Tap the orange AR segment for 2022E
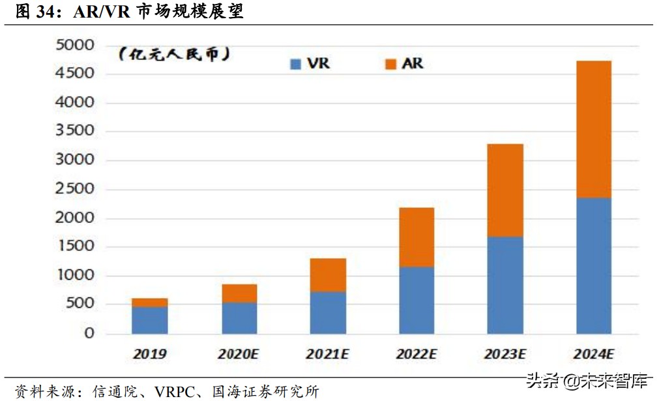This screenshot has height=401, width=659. point(417,237)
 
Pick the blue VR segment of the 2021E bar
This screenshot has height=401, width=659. point(328,312)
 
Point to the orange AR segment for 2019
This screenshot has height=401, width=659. point(150,303)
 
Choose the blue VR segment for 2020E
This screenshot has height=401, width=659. point(239,318)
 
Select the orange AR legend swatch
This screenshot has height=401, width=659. point(391,64)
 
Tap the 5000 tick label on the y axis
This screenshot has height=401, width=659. point(76,45)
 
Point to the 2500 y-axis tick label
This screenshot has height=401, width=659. point(76,189)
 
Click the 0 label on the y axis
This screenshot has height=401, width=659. point(90,333)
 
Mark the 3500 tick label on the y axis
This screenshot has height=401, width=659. point(76,132)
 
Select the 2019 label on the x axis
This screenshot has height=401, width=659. point(150,355)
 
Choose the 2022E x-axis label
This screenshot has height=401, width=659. point(417,355)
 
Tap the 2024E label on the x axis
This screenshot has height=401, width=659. point(593,355)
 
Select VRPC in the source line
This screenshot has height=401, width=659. point(177,391)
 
